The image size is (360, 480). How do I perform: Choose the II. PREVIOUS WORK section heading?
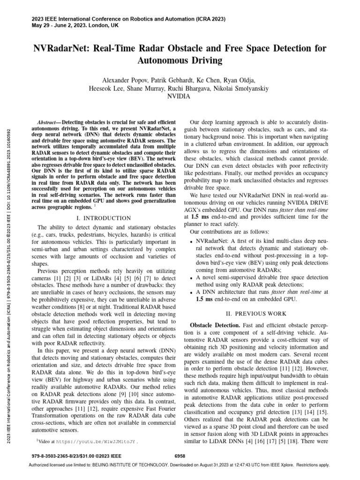point(257,313)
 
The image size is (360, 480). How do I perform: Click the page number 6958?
point(180,455)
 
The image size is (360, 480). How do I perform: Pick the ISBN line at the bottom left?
point(76,455)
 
